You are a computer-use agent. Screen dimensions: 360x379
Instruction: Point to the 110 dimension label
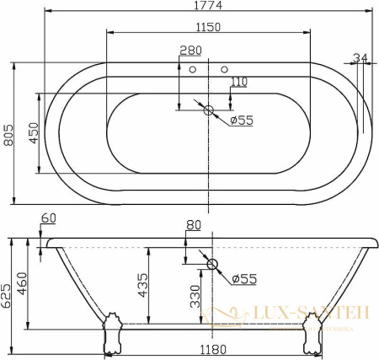(x=239, y=82)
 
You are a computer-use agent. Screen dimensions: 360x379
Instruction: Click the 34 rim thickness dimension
(x=360, y=58)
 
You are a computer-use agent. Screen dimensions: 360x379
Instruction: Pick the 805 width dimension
(x=9, y=133)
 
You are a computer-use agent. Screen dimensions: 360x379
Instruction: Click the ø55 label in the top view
(x=243, y=120)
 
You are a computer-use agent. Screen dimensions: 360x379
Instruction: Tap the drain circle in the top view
(x=210, y=109)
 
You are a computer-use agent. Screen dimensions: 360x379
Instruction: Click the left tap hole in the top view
(x=193, y=69)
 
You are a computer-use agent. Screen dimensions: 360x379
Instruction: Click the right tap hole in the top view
(x=225, y=69)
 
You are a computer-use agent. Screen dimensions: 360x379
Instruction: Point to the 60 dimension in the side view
(x=48, y=218)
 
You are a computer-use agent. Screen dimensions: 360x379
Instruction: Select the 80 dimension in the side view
(x=195, y=225)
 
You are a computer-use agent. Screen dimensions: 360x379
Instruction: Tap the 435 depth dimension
(x=143, y=287)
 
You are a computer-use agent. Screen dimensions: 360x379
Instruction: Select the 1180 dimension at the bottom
(x=211, y=348)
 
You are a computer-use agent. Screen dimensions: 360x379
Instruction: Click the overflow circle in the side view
(x=212, y=266)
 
